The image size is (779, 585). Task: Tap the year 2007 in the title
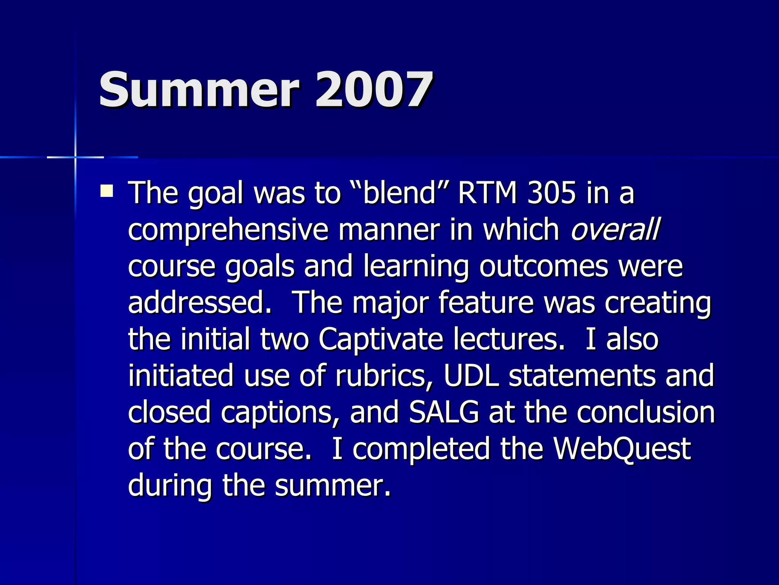[374, 90]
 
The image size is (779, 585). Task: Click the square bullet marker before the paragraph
[107, 191]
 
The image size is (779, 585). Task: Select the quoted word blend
[399, 193]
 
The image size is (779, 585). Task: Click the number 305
[552, 193]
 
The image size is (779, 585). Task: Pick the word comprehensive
[228, 230]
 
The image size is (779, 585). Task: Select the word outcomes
[544, 266]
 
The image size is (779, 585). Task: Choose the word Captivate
[381, 339]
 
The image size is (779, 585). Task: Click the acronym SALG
[444, 412]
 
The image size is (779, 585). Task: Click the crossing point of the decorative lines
[75, 157]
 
